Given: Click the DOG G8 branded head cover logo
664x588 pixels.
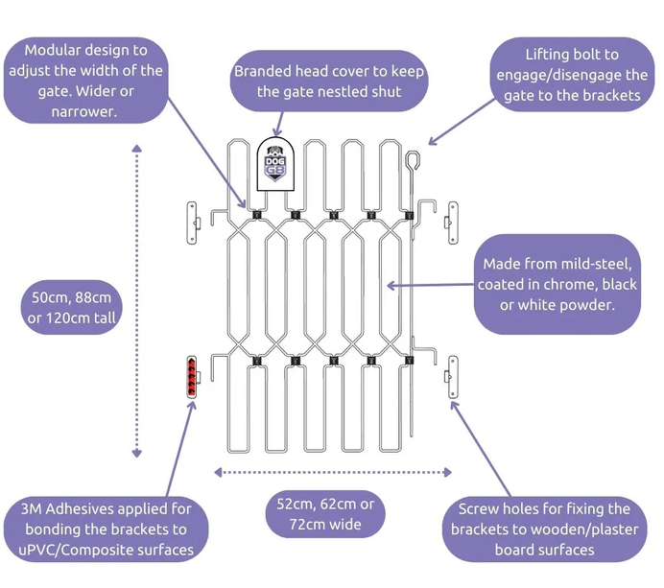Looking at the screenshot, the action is click(x=275, y=164).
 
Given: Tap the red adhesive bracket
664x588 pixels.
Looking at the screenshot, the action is click(x=192, y=377).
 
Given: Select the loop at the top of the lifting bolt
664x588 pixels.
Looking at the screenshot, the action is click(x=413, y=160).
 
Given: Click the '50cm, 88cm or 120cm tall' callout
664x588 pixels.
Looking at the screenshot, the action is click(x=72, y=307).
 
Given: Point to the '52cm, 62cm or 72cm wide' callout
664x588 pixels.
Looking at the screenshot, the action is click(x=325, y=514).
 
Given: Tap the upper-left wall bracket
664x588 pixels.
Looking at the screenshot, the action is click(x=192, y=223).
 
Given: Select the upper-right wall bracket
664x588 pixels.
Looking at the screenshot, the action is click(x=452, y=223).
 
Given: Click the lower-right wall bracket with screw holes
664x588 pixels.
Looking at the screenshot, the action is click(x=452, y=377).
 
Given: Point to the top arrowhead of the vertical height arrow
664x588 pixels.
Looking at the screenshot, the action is click(x=137, y=149).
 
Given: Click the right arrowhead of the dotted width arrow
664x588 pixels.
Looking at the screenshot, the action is click(x=447, y=472).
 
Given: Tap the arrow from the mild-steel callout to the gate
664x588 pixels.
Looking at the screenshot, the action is click(x=431, y=285).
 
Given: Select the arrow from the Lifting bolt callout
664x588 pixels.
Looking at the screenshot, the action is click(x=462, y=122).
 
